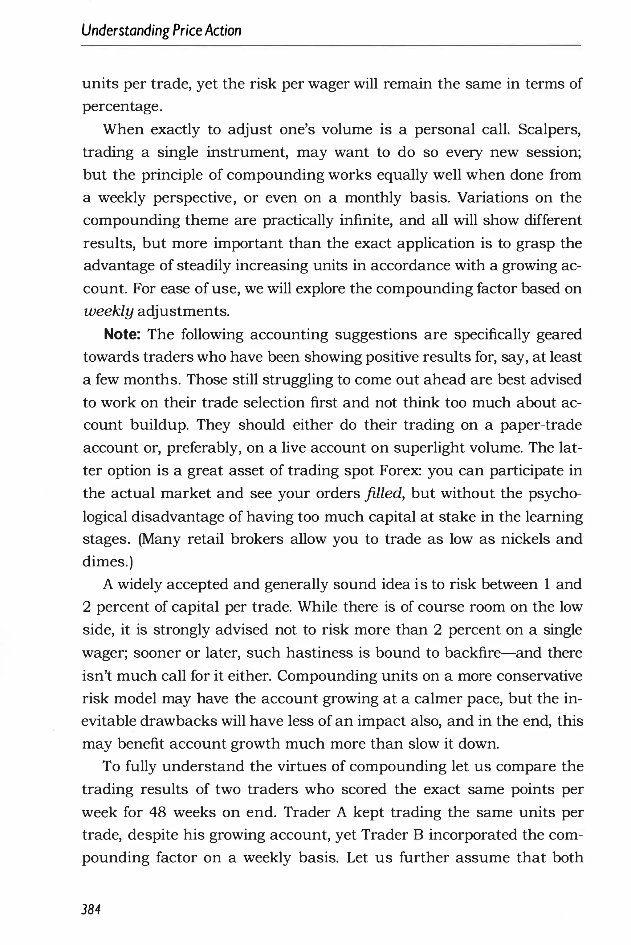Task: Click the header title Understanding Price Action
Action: click(x=161, y=31)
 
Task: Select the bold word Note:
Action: click(x=121, y=334)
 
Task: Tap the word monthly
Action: click(x=373, y=198)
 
